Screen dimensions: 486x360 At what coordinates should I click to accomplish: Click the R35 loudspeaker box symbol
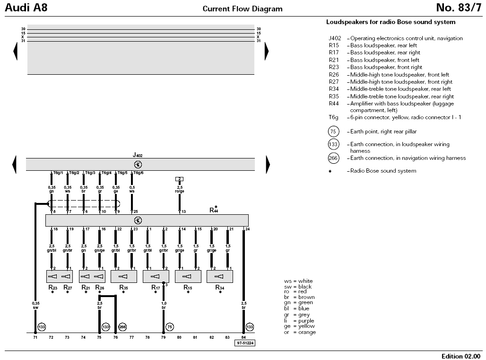[124, 276]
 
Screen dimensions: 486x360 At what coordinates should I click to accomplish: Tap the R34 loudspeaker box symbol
[220, 276]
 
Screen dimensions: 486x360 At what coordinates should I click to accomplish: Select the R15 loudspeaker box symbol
[188, 276]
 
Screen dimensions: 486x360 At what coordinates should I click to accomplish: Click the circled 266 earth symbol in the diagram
[122, 327]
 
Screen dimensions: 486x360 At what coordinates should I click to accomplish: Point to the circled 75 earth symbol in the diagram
[170, 327]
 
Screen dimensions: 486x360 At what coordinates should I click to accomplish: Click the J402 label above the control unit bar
[137, 155]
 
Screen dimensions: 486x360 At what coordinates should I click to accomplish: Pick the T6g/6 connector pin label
[138, 173]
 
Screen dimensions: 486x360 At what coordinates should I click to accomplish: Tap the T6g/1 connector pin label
[58, 173]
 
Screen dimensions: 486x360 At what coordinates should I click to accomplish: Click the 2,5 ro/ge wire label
[180, 189]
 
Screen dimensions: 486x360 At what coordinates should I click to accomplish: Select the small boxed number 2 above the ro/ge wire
[179, 179]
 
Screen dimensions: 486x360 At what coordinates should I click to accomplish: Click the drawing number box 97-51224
[245, 343]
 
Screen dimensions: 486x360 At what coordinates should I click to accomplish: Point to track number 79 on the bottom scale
[164, 337]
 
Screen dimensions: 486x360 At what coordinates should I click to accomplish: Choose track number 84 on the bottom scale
[243, 337]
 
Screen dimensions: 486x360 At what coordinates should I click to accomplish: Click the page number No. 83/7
[459, 8]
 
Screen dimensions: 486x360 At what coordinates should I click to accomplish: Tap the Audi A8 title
[26, 8]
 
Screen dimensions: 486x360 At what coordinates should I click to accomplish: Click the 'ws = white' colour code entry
[298, 281]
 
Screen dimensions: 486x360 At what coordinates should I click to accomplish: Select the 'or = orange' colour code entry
[300, 332]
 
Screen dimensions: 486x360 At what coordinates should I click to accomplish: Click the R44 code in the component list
[334, 104]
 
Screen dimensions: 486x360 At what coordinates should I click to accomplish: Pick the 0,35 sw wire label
[35, 306]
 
